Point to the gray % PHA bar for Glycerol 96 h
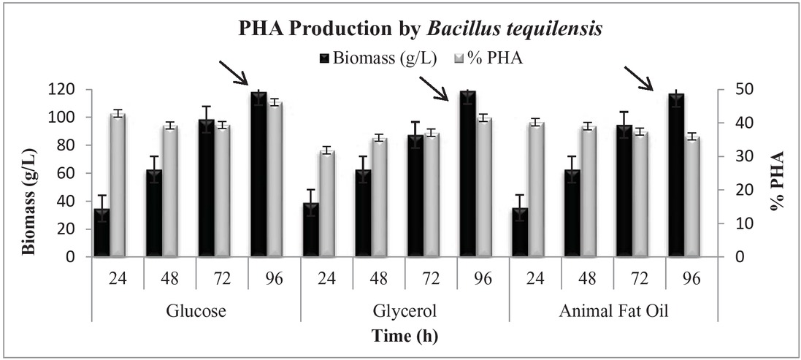tap(482, 187)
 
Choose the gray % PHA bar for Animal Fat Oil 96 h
tap(691, 196)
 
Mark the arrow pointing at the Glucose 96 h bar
tap(234, 72)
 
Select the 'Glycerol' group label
tap(405, 310)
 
